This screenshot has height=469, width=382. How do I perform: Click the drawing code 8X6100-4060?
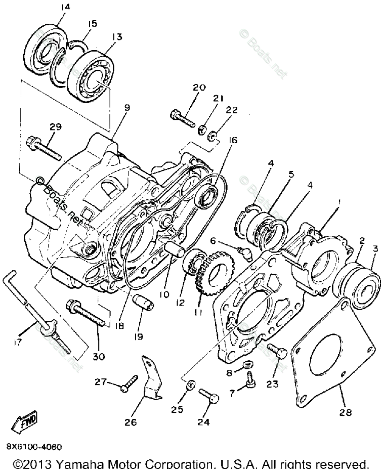pos(34,447)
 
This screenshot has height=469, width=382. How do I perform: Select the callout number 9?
pos(126,107)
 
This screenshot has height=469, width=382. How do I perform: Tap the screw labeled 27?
pos(128,386)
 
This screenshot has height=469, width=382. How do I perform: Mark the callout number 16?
pos(233,140)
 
